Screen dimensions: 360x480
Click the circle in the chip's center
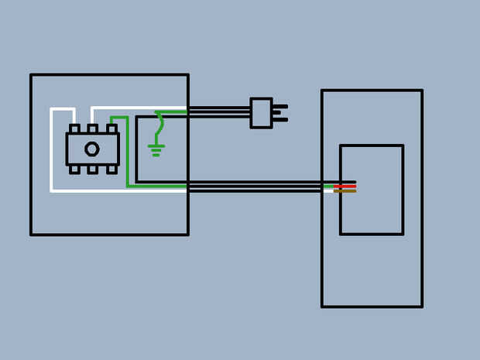coord(92,149)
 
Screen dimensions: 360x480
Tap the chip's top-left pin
coord(74,129)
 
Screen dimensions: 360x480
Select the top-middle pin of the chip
coord(92,129)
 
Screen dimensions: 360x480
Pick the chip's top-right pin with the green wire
coord(111,129)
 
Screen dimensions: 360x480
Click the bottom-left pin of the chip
coord(74,169)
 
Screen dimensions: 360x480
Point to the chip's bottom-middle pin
coord(92,169)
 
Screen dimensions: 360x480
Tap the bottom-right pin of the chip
coord(111,169)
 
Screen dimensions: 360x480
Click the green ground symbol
coord(156,149)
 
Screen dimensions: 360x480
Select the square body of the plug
coord(261,112)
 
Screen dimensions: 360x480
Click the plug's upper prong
coord(279,107)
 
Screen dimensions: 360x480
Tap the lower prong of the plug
coord(279,119)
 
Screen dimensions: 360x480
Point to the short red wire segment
coord(345,186)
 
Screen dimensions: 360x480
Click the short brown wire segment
coord(345,190)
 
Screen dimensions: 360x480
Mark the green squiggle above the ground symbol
coord(159,124)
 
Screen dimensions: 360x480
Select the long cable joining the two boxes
coord(255,186)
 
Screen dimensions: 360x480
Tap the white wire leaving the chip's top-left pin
coord(52,147)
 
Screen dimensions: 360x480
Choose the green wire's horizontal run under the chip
coord(155,187)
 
